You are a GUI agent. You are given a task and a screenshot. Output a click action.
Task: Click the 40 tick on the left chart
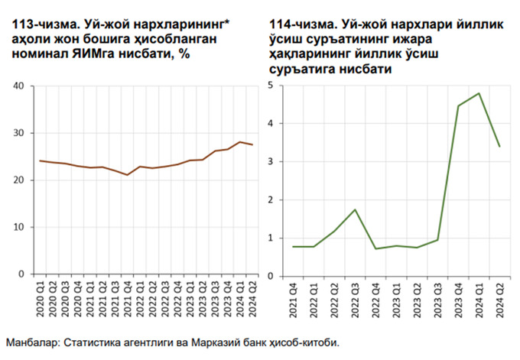click(19, 86)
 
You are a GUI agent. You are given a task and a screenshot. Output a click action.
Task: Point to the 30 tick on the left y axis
click(19, 133)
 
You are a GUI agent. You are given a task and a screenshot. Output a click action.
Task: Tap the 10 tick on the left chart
click(19, 227)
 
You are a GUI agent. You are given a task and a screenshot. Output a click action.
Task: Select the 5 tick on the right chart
click(271, 86)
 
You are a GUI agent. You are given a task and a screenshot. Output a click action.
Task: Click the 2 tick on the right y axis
click(271, 200)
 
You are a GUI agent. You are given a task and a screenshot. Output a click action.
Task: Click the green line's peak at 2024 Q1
click(479, 93)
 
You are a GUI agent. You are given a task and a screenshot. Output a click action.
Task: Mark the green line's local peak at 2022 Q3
click(354, 209)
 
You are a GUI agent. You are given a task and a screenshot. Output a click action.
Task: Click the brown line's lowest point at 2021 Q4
click(127, 175)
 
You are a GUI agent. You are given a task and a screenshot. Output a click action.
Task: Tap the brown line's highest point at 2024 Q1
click(240, 142)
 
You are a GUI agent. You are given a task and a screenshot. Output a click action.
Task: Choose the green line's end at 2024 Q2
click(499, 146)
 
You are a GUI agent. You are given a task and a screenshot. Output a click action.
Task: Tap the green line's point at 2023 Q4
click(458, 105)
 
